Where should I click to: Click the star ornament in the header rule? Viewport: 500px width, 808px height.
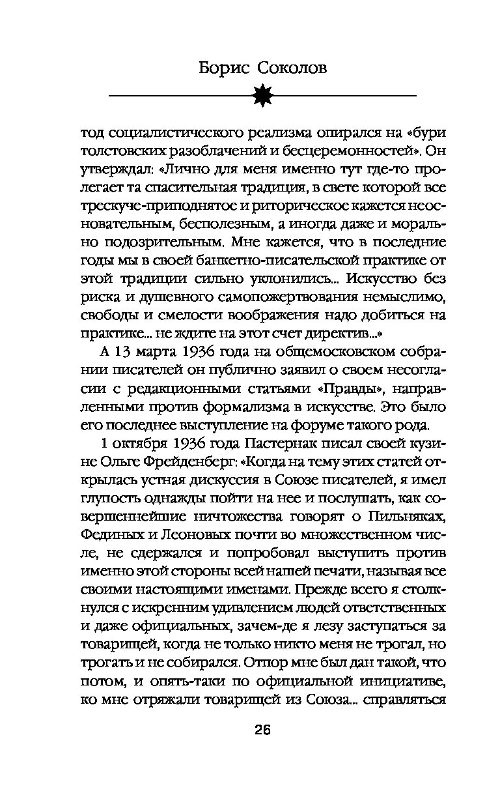click(263, 95)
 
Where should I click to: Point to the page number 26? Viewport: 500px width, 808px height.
click(262, 730)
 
